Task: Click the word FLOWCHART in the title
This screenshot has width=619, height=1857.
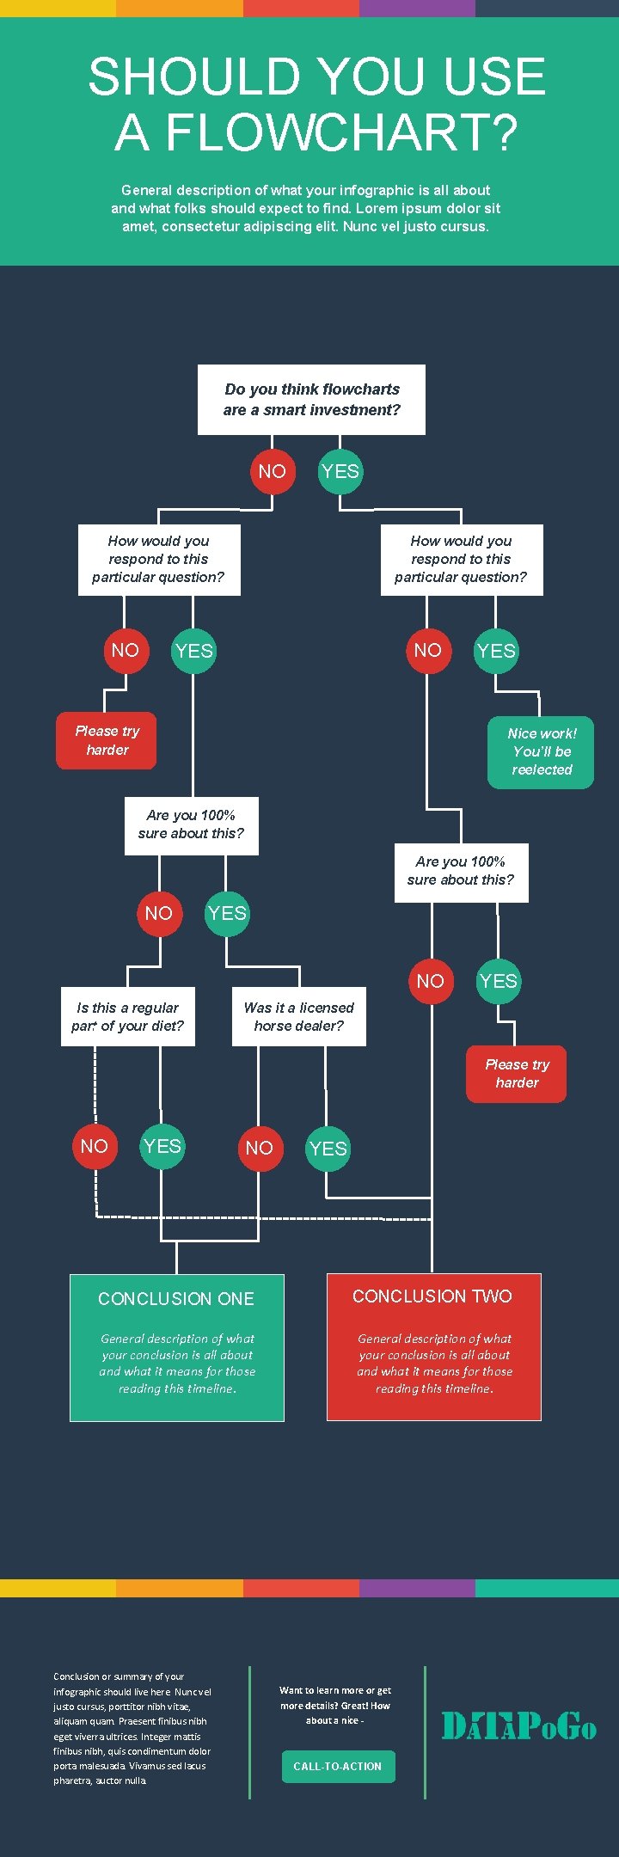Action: click(x=340, y=132)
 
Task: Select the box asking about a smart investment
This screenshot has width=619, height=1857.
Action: click(x=311, y=400)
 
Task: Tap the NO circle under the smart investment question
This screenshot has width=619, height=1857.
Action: click(x=272, y=471)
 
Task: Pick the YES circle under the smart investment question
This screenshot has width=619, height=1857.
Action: click(x=340, y=471)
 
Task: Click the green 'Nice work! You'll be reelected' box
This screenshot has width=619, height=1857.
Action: click(x=541, y=752)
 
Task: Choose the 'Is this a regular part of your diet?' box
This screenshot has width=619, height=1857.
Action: click(x=128, y=1016)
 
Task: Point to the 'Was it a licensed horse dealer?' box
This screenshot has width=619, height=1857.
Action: click(x=298, y=1016)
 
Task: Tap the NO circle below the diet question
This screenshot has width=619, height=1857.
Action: click(x=95, y=1146)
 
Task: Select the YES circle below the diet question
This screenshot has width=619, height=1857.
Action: click(x=162, y=1146)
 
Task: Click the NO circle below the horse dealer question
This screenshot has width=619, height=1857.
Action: click(x=259, y=1148)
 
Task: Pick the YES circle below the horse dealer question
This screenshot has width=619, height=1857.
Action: click(x=328, y=1149)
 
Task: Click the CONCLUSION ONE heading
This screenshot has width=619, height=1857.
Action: click(x=176, y=1298)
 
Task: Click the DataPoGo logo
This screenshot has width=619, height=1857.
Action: click(x=519, y=1726)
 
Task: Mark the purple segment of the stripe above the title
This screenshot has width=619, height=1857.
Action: click(x=417, y=8)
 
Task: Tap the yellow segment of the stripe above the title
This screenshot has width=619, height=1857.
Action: click(x=58, y=8)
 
